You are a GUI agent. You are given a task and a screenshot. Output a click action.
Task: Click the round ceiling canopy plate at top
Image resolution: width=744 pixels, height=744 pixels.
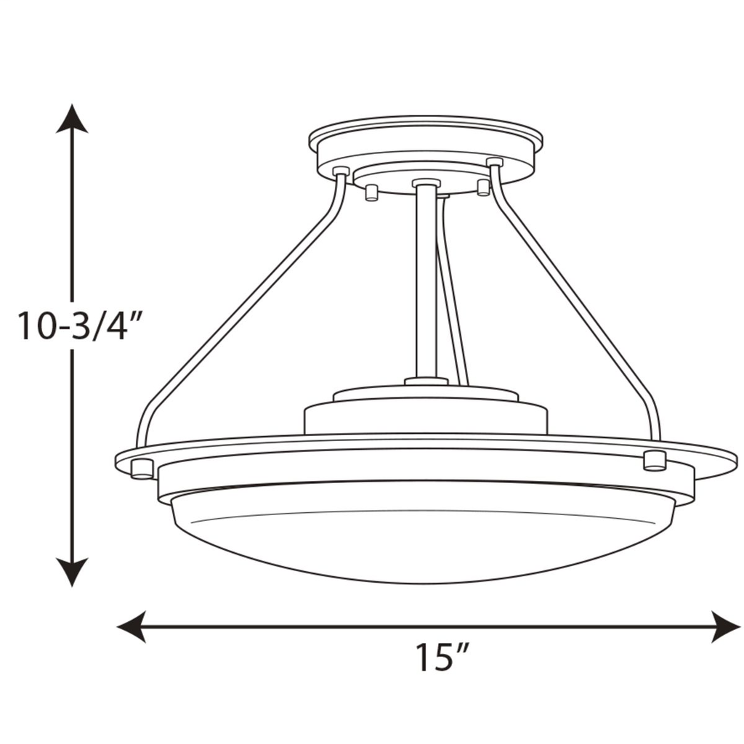426,142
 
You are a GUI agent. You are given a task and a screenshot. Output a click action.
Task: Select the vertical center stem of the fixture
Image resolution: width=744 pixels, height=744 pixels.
426,283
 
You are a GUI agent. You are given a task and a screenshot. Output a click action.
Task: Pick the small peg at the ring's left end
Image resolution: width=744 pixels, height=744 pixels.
142,469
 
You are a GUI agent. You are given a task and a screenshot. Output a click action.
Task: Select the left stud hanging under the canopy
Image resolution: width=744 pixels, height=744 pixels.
371,193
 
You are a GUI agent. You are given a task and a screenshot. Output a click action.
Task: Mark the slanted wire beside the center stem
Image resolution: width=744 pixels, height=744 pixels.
452,305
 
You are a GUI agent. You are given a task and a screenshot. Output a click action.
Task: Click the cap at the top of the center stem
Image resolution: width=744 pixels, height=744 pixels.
426,183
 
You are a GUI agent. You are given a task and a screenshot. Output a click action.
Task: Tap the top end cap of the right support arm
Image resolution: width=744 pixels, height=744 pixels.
495,161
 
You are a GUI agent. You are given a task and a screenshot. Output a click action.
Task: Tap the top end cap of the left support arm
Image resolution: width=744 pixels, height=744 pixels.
341,171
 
